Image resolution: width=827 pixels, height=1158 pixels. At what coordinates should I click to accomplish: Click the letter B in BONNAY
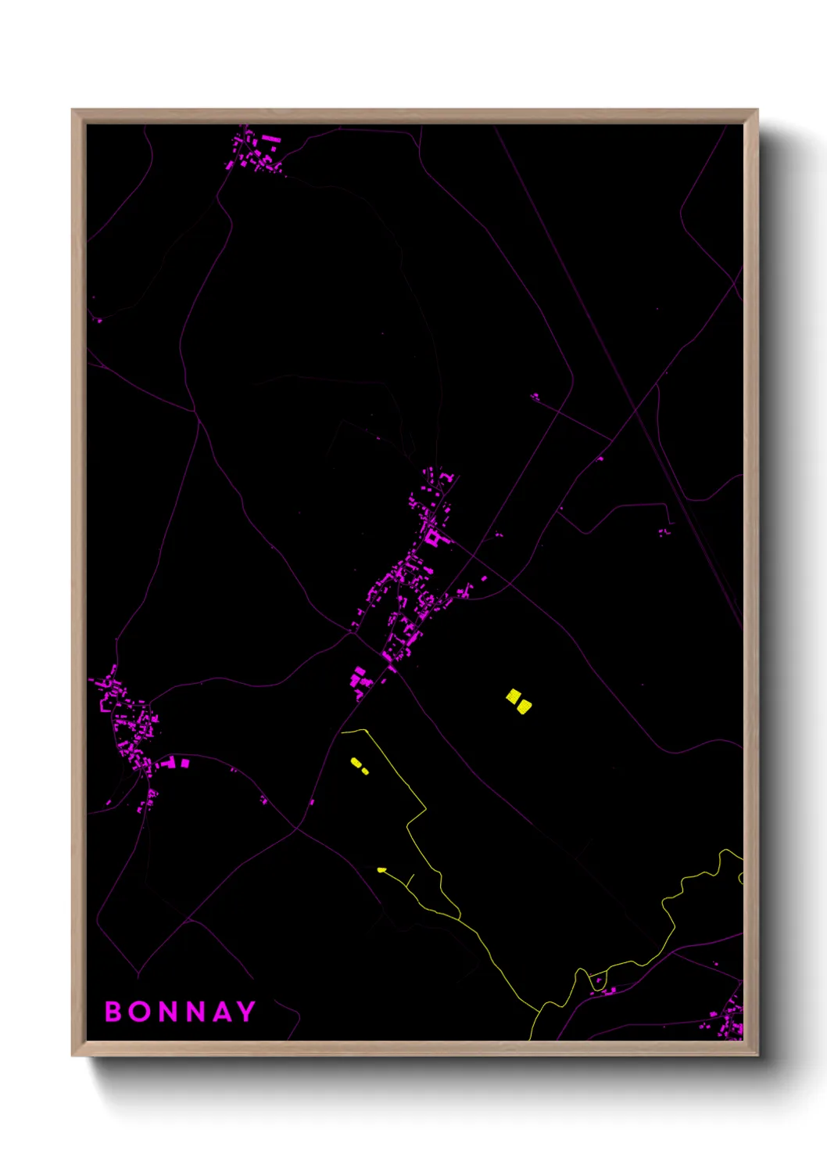pos(113,1012)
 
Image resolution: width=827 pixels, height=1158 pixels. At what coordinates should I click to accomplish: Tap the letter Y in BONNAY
pos(246,1012)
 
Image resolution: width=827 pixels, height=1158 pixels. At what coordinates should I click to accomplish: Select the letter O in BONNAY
pos(141,1012)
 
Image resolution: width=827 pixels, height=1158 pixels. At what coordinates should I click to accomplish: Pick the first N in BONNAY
pos(170,1012)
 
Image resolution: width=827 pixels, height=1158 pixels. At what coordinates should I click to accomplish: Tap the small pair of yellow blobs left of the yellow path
pos(359,765)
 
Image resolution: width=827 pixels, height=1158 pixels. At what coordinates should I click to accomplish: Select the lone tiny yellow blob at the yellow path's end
pos(381,869)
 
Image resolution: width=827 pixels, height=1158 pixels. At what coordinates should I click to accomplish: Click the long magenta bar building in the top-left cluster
pos(270,138)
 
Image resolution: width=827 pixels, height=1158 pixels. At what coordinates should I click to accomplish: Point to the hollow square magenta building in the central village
pos(432,538)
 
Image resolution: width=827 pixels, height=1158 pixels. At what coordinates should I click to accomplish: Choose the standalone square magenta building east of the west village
pos(185,763)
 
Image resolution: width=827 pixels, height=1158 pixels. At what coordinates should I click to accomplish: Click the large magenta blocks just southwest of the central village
pos(360,678)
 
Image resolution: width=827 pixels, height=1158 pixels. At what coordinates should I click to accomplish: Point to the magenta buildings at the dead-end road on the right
pos(664,532)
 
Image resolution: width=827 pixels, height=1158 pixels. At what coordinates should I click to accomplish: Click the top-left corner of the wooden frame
pos(73,111)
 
